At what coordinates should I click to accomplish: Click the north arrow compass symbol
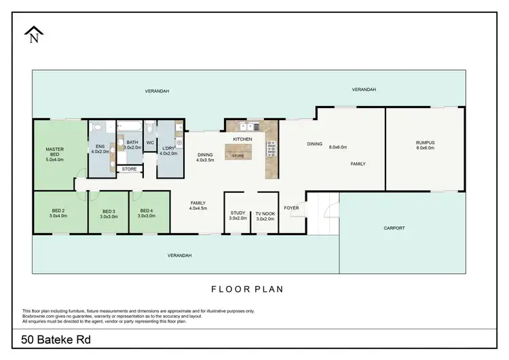click(x=33, y=34)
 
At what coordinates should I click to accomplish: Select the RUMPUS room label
click(x=425, y=143)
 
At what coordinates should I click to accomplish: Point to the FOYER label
click(x=291, y=208)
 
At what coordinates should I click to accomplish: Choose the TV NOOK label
click(x=265, y=213)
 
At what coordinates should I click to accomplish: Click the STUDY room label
click(x=238, y=213)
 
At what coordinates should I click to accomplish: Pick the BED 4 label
click(x=147, y=211)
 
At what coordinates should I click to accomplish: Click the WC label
click(x=149, y=143)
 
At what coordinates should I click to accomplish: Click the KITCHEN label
click(x=242, y=139)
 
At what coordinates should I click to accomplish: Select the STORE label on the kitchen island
click(x=238, y=156)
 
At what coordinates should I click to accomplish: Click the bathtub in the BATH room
click(x=130, y=127)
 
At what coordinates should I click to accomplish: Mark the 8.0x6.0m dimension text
click(x=338, y=147)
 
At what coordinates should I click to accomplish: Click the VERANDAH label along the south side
click(x=180, y=255)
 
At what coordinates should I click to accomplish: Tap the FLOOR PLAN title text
click(x=247, y=289)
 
